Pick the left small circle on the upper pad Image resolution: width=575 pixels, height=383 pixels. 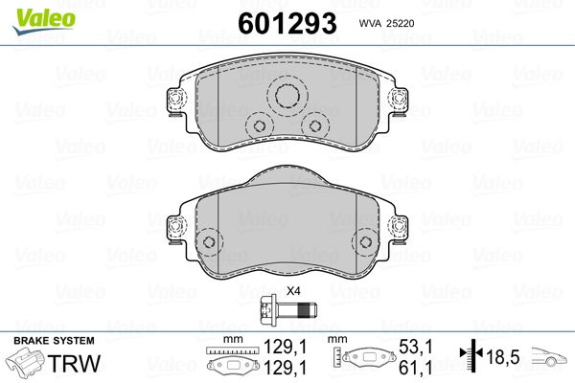coord(258,126)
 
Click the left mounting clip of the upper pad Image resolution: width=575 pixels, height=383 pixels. coord(176,100)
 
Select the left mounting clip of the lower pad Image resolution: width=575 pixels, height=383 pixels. coord(176,227)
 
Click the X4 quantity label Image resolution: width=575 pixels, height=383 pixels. coord(293,292)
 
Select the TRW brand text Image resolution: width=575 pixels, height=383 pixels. coord(82,365)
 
